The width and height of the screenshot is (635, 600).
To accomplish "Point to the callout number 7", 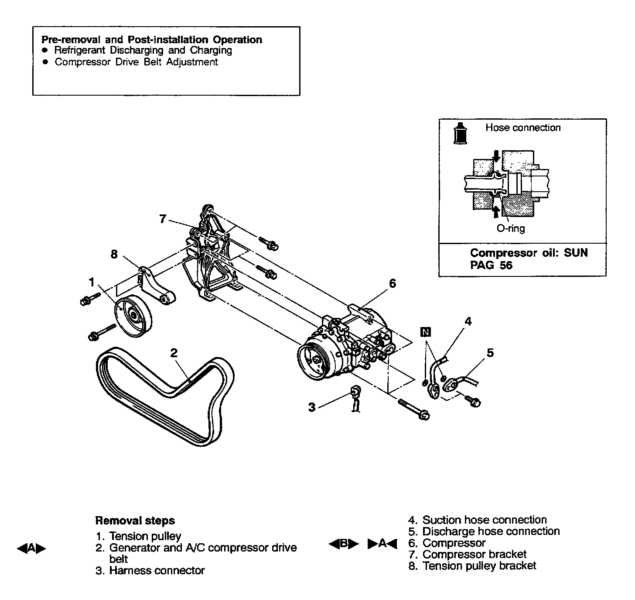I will (163, 219).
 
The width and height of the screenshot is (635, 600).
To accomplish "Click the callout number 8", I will (114, 254).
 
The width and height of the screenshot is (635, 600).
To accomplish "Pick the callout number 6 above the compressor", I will (393, 284).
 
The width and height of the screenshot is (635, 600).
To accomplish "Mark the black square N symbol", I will (426, 332).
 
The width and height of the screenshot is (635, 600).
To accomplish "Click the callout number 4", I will (468, 322).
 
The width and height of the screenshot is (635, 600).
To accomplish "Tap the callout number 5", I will (490, 352).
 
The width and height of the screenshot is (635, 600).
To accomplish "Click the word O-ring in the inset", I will (511, 228).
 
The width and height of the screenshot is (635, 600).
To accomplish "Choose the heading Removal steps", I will (135, 521).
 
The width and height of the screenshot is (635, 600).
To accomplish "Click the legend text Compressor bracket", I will (475, 555).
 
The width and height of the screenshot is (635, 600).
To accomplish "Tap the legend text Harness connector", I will (157, 570).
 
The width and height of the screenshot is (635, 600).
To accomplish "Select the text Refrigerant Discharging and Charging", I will (143, 50).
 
